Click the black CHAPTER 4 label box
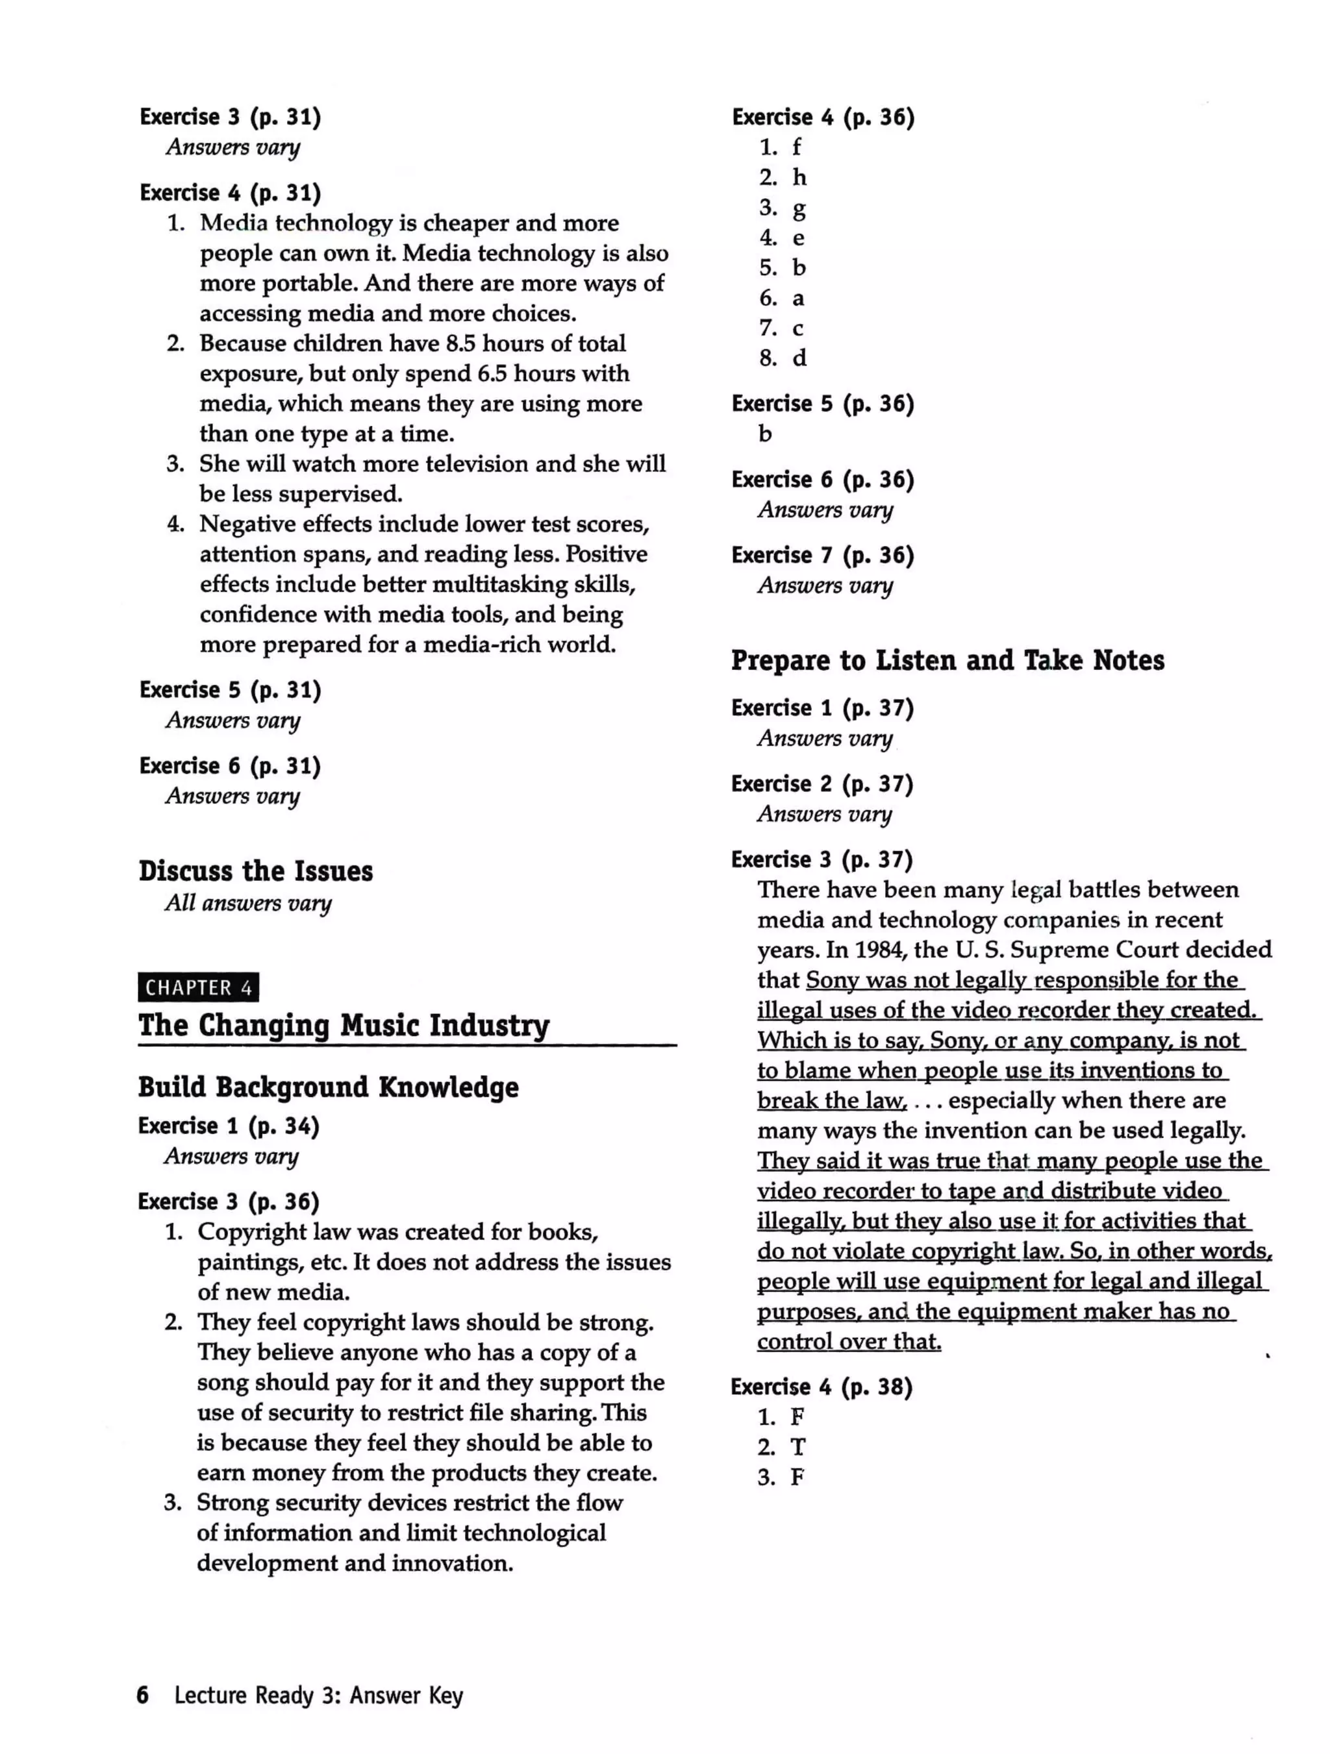[x=198, y=987]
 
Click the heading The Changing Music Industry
[x=344, y=1025]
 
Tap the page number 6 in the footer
[x=143, y=1696]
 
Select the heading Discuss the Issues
[x=255, y=871]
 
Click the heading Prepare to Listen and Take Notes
[x=947, y=661]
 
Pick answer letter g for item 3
[x=799, y=208]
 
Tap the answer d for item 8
[x=799, y=358]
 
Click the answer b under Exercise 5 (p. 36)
[x=764, y=434]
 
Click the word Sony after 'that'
[x=832, y=980]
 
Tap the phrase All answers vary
[x=247, y=903]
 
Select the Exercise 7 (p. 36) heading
[x=822, y=555]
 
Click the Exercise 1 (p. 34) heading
[x=229, y=1126]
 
